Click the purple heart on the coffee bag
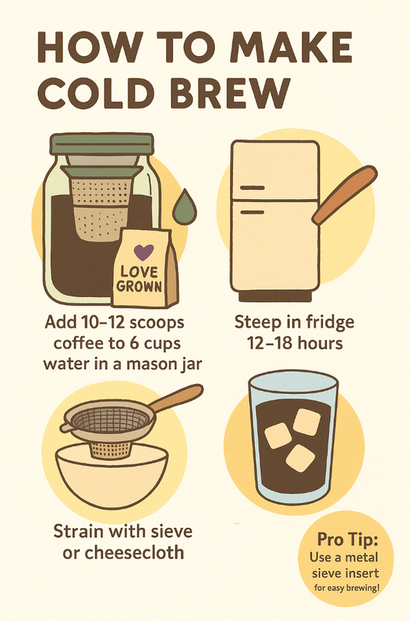pyautogui.click(x=144, y=252)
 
